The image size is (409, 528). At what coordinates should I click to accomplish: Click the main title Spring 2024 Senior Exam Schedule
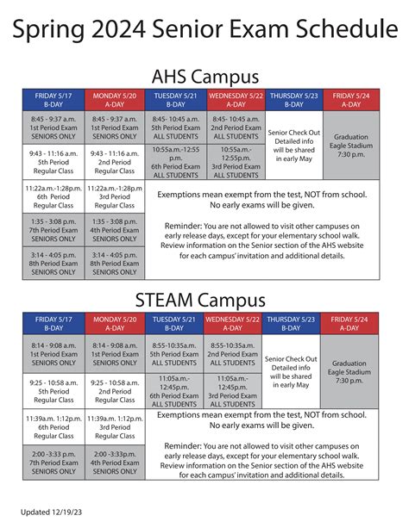tap(204, 30)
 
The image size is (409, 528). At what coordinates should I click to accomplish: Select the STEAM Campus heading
tap(204, 301)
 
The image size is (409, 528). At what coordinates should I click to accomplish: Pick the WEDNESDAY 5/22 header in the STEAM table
tap(233, 324)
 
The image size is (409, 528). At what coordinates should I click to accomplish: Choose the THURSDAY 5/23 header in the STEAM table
tap(292, 324)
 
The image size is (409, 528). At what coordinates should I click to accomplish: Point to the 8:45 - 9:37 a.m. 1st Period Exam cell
tap(53, 127)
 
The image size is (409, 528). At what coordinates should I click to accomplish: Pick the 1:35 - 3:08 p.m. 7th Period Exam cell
tap(53, 230)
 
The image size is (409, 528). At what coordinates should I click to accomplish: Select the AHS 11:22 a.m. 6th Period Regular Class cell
tap(53, 196)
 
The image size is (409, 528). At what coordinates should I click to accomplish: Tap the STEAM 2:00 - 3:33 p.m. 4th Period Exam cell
tap(115, 463)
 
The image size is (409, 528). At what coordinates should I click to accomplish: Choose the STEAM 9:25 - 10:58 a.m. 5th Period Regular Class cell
tap(53, 391)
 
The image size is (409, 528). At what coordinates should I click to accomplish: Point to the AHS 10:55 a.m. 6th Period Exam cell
tap(175, 162)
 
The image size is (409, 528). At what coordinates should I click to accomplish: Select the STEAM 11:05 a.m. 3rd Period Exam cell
tap(233, 391)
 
